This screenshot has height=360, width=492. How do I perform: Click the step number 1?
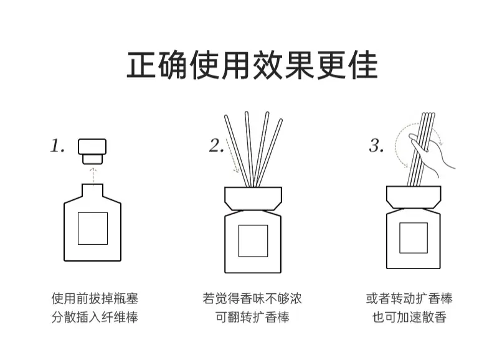coord(57,146)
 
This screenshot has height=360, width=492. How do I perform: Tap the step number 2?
coord(217,146)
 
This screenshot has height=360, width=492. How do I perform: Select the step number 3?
coord(376,146)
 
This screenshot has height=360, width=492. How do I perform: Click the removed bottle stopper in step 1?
coord(92,151)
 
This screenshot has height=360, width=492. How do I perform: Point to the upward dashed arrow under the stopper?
coord(93,176)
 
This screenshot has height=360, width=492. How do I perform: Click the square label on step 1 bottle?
coord(93,229)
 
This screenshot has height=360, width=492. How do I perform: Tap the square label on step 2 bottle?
coord(253,241)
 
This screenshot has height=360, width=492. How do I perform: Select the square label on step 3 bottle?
coord(414,238)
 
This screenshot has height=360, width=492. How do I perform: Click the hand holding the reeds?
coord(432,155)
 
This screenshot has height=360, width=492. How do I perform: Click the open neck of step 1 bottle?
coord(93,190)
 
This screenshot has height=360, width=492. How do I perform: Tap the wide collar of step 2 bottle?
coord(253,198)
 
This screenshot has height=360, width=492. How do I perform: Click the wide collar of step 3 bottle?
coord(414,197)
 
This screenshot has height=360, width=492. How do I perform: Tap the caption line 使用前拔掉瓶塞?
coord(95,298)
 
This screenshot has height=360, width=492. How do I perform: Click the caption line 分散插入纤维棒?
coord(95,317)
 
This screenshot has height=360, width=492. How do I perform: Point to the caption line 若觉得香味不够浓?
coord(252,298)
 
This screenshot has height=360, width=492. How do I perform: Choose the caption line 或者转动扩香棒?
coord(409,298)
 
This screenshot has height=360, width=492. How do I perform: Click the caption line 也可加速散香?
coord(409,317)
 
